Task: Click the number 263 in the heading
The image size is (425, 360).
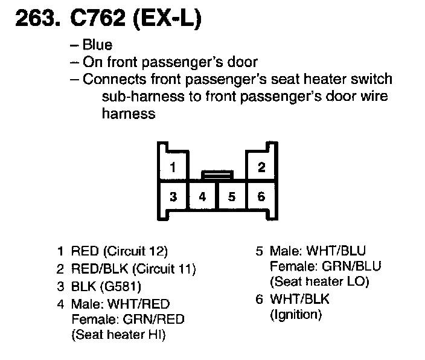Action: click(x=36, y=19)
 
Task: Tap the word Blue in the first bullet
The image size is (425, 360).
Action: click(x=98, y=45)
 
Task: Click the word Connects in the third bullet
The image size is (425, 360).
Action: click(x=110, y=79)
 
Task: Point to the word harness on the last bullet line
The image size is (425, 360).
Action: click(x=129, y=114)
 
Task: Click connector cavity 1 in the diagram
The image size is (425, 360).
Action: click(x=173, y=168)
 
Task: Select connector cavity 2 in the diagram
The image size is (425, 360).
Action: click(x=261, y=168)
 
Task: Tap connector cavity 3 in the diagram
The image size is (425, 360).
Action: click(x=173, y=196)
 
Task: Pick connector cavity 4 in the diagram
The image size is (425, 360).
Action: click(x=202, y=196)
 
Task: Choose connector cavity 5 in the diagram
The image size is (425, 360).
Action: click(x=231, y=196)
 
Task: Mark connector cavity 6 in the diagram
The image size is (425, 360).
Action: click(x=261, y=196)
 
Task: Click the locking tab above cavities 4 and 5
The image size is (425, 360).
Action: click(x=217, y=174)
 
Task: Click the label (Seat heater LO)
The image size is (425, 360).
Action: click(x=319, y=281)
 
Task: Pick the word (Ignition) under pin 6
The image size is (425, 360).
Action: click(x=296, y=314)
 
